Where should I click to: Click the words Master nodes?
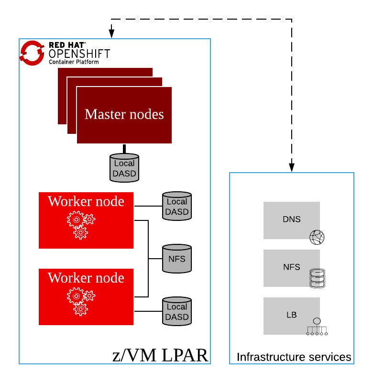[124, 114]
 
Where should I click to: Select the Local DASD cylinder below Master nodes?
[124, 168]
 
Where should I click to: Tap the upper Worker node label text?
[86, 201]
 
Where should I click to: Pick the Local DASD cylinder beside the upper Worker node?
[177, 207]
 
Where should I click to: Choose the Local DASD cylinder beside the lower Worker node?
[177, 311]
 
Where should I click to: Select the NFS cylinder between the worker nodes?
[177, 259]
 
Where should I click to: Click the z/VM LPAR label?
[160, 355]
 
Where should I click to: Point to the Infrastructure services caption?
[294, 357]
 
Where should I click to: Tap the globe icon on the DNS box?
[317, 237]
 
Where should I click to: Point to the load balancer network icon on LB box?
[317, 326]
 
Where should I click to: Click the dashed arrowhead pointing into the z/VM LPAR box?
[112, 33]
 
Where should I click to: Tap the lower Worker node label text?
[86, 278]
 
